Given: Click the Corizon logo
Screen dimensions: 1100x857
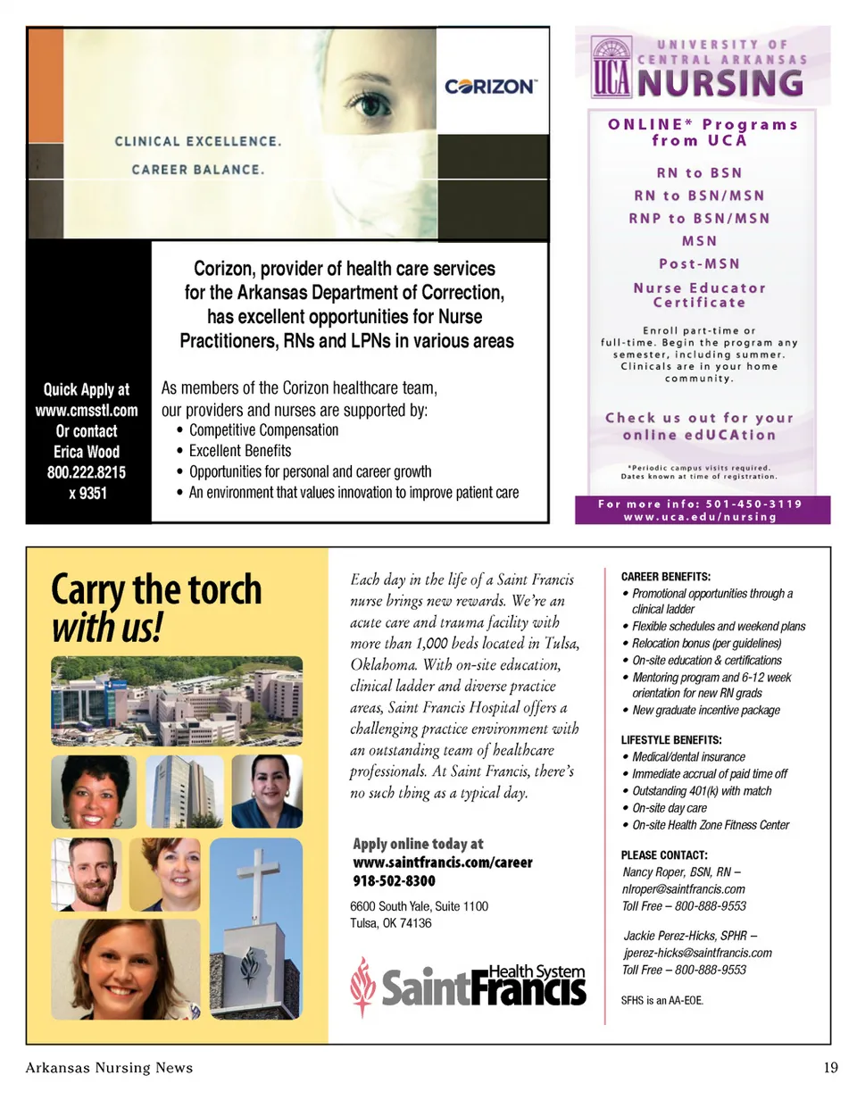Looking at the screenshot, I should pos(491,87).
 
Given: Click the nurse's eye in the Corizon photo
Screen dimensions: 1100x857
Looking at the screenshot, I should pos(373,105).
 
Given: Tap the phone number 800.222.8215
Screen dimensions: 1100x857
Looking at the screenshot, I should pos(87,472).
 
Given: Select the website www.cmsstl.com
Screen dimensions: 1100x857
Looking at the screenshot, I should pos(87,411).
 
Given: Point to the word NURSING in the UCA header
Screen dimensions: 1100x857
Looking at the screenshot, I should pos(719,83).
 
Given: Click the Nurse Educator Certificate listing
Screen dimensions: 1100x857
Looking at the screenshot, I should pos(699,295).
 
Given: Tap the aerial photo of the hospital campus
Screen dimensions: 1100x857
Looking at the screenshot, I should pos(177,702).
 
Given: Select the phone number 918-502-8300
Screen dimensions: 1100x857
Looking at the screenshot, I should pos(395,881).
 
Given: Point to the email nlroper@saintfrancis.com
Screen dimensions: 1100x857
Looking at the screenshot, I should pos(683,889).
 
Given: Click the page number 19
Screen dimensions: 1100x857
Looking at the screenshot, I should pos(829,1068).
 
